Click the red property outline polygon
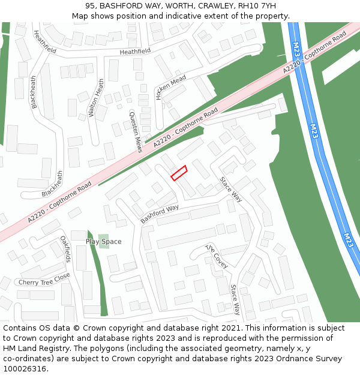179,173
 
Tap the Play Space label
103,242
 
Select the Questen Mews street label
136,131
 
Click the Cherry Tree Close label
44,280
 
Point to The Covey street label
216,256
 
